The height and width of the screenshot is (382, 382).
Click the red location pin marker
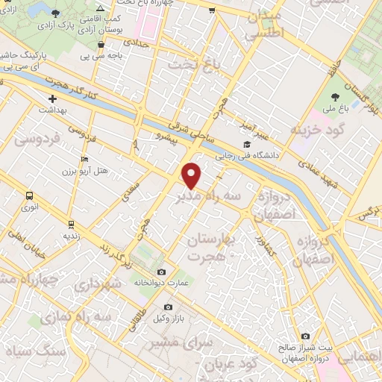[x=192, y=175]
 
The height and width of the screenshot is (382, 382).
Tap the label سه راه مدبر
[x=207, y=196]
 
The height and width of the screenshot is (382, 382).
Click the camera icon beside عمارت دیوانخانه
[x=163, y=272]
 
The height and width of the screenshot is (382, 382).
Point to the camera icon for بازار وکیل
[x=168, y=307]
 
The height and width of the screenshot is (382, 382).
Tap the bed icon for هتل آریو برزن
[x=84, y=160]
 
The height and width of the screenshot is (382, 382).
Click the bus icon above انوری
[x=30, y=196]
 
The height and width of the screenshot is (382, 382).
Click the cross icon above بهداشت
[x=52, y=98]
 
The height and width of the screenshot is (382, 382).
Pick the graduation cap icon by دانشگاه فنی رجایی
[x=245, y=145]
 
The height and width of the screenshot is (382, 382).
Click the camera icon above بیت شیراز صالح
[x=305, y=336]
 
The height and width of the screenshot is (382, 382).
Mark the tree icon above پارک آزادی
[x=57, y=13]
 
